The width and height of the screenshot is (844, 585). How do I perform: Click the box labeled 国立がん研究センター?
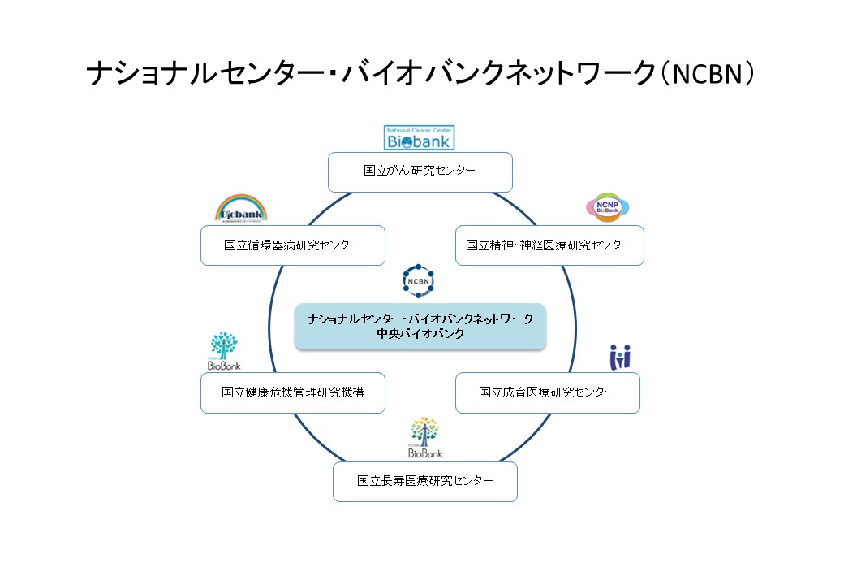coord(420,171)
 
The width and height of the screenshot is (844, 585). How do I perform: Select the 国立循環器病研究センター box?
coord(292,245)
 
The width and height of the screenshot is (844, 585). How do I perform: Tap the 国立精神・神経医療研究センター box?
coord(549,245)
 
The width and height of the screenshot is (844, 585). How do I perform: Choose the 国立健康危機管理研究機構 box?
coord(292,392)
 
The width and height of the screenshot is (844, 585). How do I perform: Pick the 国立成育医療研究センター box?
coord(547,392)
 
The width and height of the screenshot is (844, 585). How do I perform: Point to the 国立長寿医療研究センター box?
coord(424,481)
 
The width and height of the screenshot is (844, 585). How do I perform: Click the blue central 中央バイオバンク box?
coord(420,327)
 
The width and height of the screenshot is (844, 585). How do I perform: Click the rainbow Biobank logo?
coord(241,208)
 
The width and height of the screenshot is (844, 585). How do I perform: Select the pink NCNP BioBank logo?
coord(608,208)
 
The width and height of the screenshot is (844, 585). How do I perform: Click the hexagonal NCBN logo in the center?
coord(419,280)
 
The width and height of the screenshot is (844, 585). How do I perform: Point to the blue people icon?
coord(620,357)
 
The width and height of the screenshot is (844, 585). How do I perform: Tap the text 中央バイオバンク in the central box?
coord(420,334)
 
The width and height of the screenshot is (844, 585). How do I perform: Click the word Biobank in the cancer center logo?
coord(419,142)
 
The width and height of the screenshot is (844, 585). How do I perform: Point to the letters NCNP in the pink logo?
coord(608,202)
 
